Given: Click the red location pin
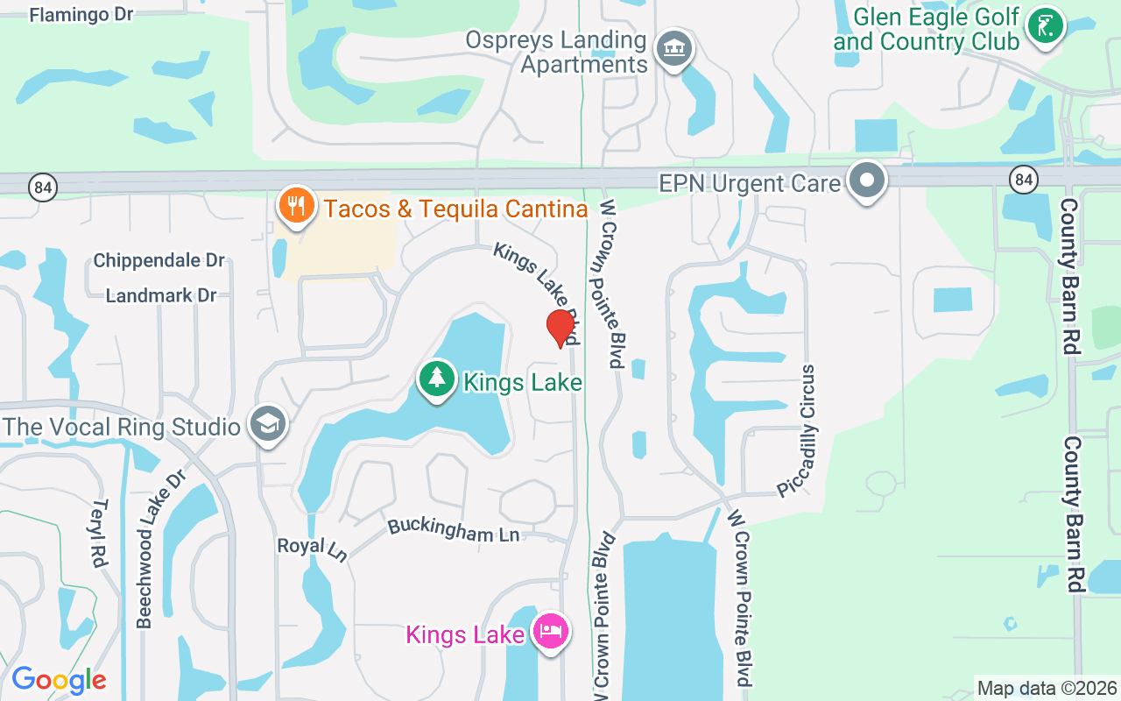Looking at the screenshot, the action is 560,329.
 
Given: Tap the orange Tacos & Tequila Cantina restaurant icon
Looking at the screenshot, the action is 296,206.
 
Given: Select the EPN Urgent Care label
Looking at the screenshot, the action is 750,184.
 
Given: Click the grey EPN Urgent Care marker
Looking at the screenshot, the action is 867,181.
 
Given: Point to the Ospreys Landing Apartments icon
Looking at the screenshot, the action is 673,47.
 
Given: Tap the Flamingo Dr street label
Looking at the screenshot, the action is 82,15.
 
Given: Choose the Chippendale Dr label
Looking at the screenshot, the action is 159,260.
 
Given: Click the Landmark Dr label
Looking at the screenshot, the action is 161,295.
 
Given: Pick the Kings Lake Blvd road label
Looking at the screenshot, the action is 536,292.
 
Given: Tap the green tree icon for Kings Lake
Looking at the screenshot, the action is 436,379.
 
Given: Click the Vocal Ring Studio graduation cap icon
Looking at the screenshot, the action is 266,425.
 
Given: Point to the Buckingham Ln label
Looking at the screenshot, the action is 453,529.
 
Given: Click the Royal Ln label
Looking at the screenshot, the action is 312,548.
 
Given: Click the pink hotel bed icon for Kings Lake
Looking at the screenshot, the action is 551,630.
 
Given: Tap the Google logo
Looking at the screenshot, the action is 59,680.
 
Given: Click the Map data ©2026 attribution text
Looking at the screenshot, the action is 1047,689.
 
